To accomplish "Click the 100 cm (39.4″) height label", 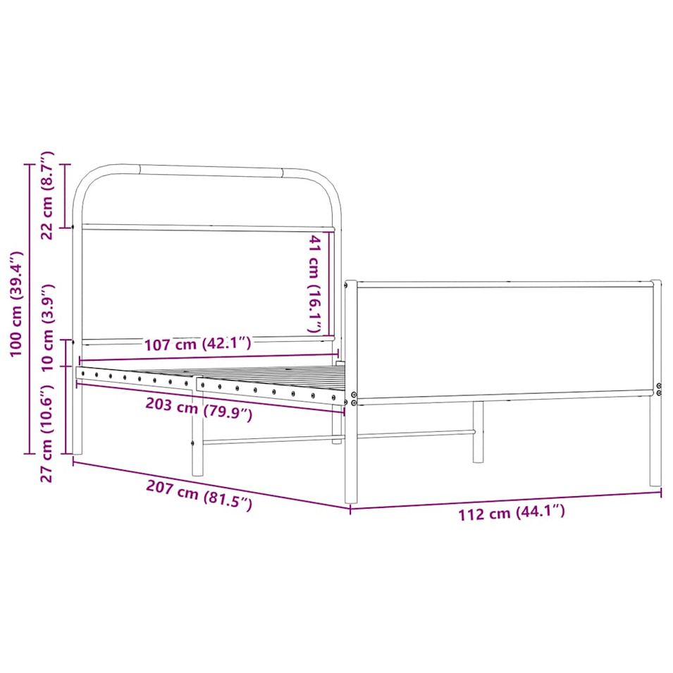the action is [x=17, y=304].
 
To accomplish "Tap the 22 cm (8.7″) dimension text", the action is [x=47, y=195].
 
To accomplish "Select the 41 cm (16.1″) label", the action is [x=316, y=283].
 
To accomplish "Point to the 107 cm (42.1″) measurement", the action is [x=197, y=343].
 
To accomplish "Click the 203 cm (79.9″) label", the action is [x=199, y=409].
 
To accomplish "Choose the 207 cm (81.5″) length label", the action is [x=199, y=495].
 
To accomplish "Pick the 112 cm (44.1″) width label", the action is [x=512, y=512].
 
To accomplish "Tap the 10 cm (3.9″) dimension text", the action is [x=47, y=327].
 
